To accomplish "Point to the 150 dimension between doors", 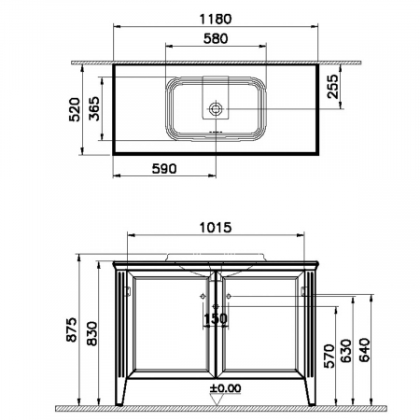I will point(216,317).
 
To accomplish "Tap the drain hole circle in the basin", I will point(215,109).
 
